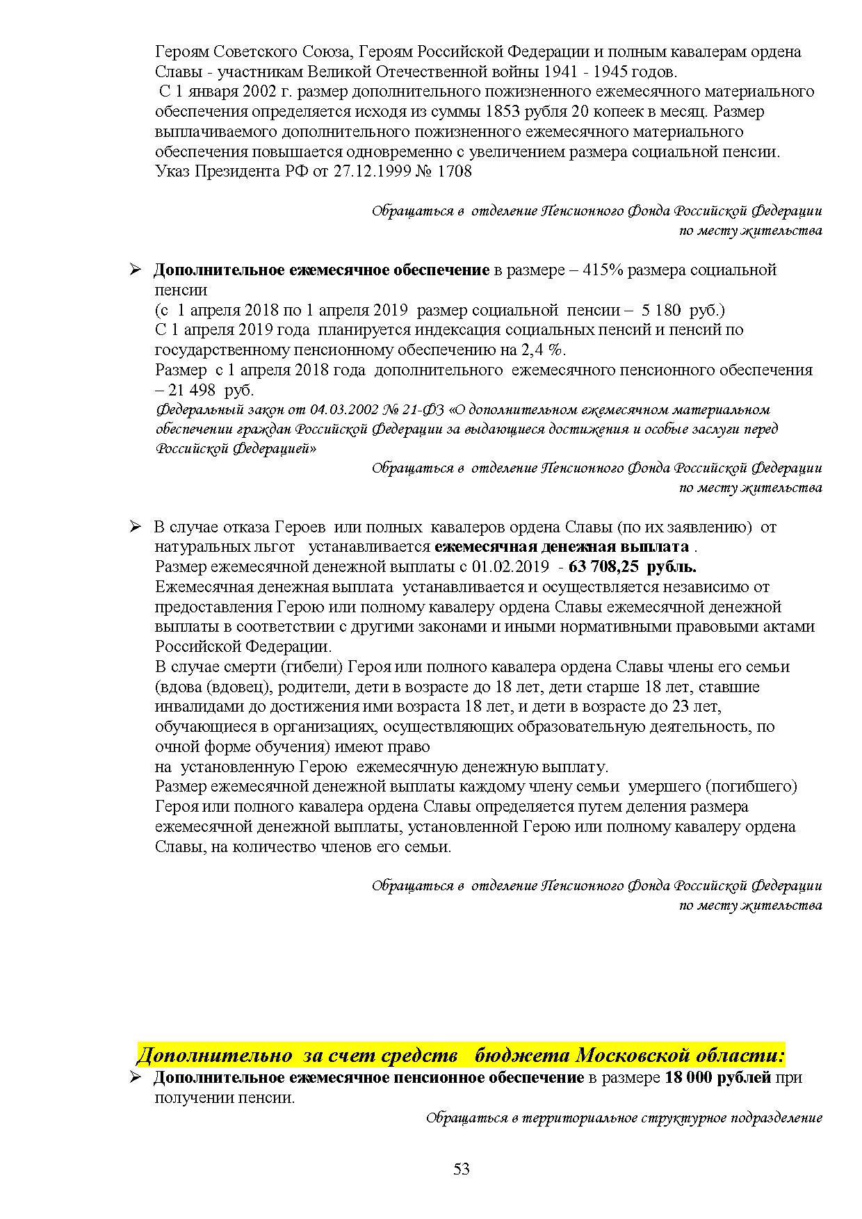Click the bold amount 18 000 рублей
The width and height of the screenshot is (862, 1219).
coord(718,1077)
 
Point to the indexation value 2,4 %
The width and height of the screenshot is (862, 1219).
coord(549,350)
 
